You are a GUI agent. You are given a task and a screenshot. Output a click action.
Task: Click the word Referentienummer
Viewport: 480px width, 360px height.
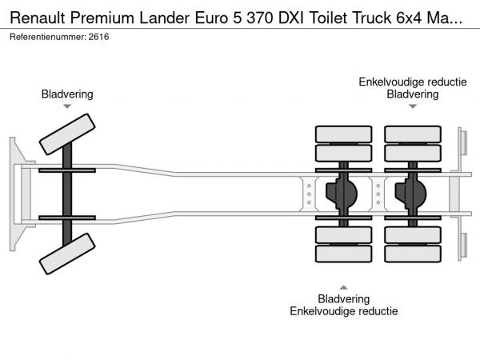coord(46,38)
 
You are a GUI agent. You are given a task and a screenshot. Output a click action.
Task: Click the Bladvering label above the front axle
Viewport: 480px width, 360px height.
coord(67,94)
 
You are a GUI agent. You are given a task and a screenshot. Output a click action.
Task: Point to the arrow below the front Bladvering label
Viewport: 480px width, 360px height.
coord(67,106)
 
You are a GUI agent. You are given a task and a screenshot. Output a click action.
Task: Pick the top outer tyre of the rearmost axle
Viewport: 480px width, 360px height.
coord(413,134)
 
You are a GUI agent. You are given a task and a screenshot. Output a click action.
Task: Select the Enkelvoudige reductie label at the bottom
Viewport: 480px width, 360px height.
coord(343,311)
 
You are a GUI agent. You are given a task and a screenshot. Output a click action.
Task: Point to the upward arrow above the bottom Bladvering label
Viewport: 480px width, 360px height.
coord(343,286)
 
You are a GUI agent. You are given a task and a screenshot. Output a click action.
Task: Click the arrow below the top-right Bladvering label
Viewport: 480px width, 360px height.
coord(413,106)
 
